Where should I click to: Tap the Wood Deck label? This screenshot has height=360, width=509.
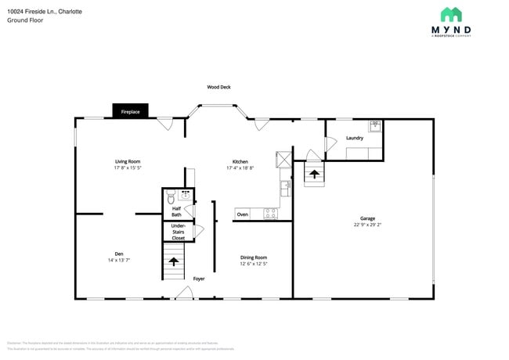click(x=218, y=87)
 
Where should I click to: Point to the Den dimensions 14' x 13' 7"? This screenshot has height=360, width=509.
click(x=119, y=260)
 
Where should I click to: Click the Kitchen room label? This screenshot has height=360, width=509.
click(x=240, y=161)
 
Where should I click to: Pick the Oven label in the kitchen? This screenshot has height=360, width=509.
click(x=243, y=214)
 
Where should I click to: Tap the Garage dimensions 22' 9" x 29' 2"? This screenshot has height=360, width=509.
click(x=367, y=225)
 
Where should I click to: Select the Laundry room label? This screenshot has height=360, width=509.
click(x=354, y=138)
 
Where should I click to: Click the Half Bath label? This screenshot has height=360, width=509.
click(x=176, y=211)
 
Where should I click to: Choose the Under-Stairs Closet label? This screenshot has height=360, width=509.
click(x=179, y=232)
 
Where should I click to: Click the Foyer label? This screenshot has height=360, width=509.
click(x=199, y=278)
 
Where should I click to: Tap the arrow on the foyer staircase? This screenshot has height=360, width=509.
click(x=172, y=262)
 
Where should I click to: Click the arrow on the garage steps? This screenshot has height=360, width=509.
click(x=313, y=175)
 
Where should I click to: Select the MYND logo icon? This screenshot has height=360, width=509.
click(x=451, y=14)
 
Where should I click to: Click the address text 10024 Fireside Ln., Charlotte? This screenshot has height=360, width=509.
click(x=45, y=13)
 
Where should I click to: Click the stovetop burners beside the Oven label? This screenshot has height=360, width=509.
click(x=270, y=213)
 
